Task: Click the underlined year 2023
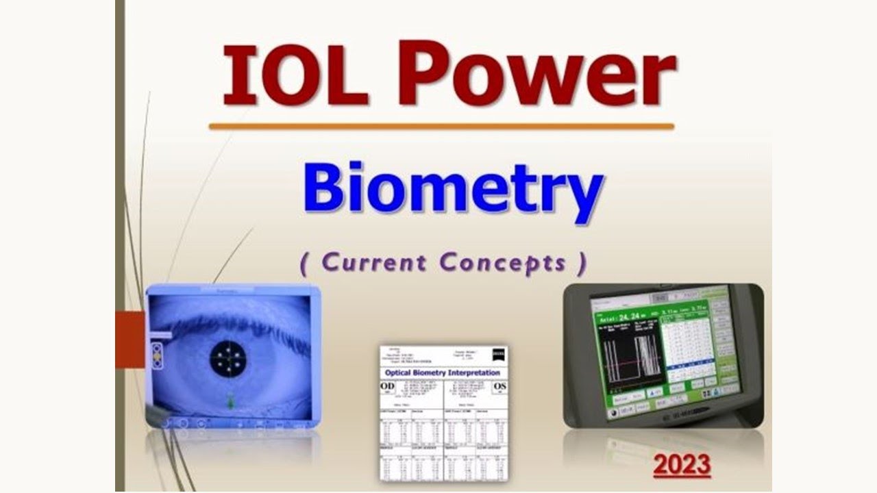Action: [682, 466]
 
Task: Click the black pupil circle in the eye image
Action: [227, 357]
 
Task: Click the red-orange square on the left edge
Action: [130, 339]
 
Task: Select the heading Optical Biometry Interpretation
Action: [442, 373]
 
